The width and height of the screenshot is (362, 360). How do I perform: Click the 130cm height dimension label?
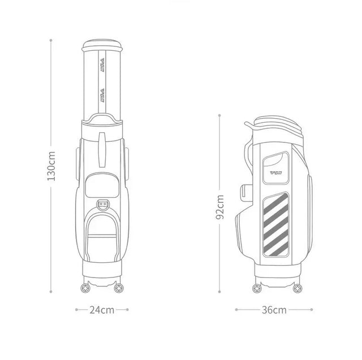[51, 166]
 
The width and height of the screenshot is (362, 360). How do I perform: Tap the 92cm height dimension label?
[219, 207]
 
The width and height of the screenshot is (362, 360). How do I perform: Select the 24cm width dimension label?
[102, 310]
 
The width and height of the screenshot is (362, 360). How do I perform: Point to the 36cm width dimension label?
[274, 310]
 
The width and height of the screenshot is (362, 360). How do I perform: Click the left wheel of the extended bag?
[85, 288]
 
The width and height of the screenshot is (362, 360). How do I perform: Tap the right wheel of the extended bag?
[119, 288]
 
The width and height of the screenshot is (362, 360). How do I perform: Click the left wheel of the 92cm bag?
[257, 288]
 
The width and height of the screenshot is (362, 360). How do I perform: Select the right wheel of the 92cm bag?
[297, 288]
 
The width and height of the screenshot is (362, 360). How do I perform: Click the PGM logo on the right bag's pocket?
[276, 173]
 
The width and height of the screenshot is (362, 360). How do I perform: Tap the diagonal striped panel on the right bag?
[276, 224]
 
